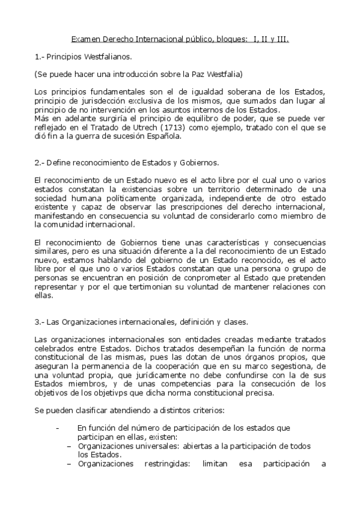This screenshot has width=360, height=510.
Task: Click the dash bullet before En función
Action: pos(58,428)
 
